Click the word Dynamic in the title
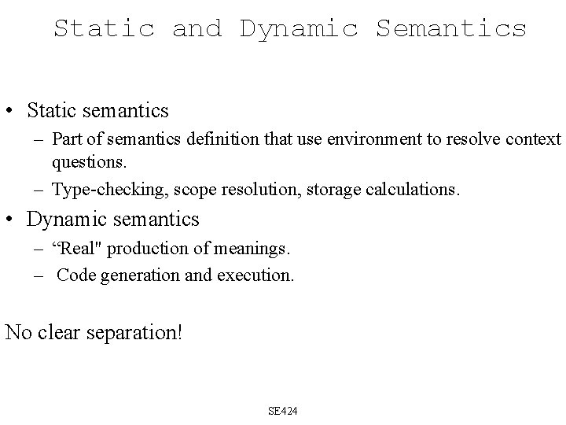[x=299, y=29]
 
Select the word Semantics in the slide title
[x=451, y=29]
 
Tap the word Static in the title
[x=104, y=29]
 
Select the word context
[x=535, y=139]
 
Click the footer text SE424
[x=283, y=411]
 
